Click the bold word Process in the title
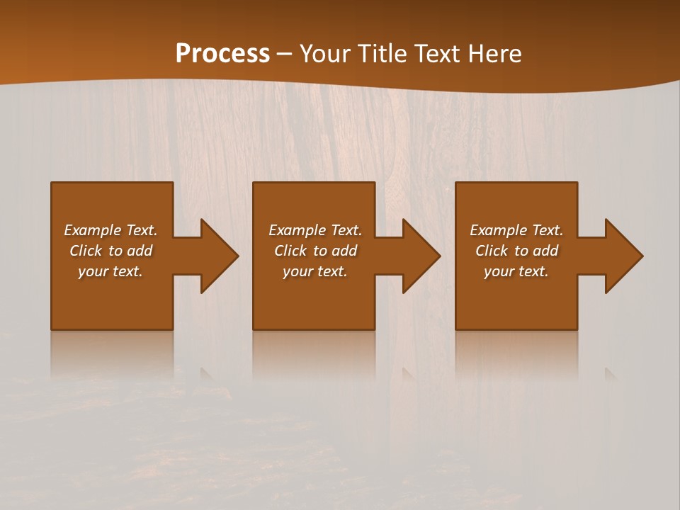pos(222,53)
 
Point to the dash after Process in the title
pos(284,55)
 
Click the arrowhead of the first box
pos(216,256)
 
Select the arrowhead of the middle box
pos(419,256)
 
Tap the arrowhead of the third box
pos(621,256)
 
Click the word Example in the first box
pos(92,230)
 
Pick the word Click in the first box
pos(86,251)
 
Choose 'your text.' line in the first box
pos(110,271)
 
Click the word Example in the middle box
pos(297,230)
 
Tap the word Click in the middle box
pos(290,251)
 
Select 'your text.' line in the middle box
pos(314,271)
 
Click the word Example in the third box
pos(498,230)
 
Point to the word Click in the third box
pos(492,251)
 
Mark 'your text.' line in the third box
pos(516,271)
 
